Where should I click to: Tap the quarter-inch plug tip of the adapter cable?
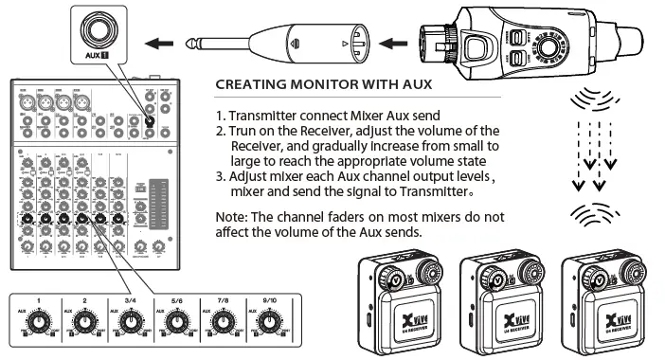pos(203,43)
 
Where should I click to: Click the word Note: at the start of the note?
pos(232,216)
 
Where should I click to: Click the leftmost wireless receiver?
pos(395,304)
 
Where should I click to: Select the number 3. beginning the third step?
pos(221,176)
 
